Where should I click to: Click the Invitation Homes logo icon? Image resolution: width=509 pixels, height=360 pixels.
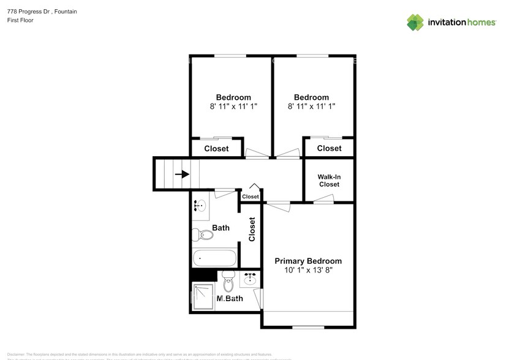click(415, 22)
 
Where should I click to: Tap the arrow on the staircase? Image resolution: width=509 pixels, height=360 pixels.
click(182, 174)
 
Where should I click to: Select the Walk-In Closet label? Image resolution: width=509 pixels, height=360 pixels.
click(328, 181)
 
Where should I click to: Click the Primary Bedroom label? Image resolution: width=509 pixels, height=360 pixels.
click(308, 261)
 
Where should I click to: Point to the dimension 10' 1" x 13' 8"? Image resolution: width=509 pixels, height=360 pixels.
click(308, 270)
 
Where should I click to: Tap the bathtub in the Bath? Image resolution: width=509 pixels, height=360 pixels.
click(214, 258)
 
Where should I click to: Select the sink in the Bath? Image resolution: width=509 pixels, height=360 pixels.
click(200, 206)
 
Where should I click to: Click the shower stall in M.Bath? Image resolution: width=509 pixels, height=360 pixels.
click(202, 297)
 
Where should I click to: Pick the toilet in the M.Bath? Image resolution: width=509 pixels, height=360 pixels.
click(228, 282)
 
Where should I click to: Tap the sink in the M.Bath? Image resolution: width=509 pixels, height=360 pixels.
click(250, 279)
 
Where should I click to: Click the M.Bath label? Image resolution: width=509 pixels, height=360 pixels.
click(230, 299)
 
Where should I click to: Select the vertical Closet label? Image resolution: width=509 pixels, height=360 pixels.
click(252, 229)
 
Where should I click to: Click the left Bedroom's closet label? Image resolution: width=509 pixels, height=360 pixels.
click(216, 149)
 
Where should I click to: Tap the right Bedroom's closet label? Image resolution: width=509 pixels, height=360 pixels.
click(330, 148)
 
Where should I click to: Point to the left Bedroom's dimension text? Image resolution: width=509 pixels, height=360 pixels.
click(233, 106)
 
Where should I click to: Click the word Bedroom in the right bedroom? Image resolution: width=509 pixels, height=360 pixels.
click(311, 97)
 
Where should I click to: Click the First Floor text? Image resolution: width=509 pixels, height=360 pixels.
click(20, 20)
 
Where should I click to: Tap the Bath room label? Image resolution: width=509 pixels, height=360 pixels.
click(221, 228)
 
